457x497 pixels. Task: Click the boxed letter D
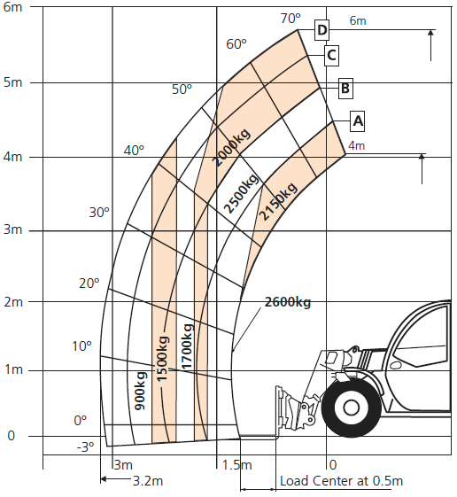321,30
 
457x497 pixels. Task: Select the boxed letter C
331,56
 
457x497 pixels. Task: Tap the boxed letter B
345,88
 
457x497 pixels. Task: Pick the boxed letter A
358,120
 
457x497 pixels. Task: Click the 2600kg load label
288,302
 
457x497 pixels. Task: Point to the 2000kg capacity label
231,147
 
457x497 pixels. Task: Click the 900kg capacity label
140,391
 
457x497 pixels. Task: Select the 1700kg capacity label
187,346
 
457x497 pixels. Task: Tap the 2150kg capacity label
278,201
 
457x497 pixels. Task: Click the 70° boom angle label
290,19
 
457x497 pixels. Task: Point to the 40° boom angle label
134,151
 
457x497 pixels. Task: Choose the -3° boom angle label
86,447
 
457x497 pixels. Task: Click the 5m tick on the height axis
13,82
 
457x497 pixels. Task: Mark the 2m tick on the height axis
13,302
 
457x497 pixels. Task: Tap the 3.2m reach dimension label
148,481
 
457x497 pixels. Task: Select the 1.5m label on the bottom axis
237,465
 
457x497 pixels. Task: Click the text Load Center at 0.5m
341,481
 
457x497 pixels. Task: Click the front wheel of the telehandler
351,408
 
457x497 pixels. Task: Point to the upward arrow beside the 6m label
430,45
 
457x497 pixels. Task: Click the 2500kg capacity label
242,193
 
